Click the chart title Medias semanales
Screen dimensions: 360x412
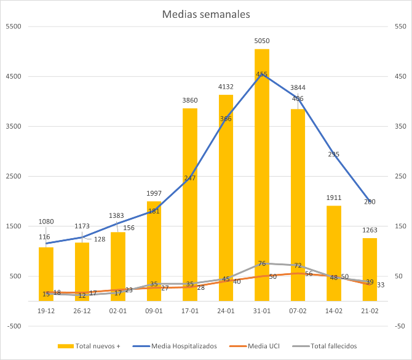[x=206, y=14]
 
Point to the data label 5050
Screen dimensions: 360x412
[x=262, y=41]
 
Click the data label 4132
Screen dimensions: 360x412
[x=226, y=87]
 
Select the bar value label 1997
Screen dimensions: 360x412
[x=154, y=194]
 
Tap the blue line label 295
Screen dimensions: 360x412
[x=334, y=154]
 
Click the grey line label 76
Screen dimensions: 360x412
[x=262, y=263]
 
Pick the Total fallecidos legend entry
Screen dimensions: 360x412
[x=329, y=346]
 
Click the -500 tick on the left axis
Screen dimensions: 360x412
[x=13, y=326]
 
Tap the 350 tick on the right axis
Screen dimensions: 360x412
[x=400, y=126]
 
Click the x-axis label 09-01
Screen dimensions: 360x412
[x=154, y=311]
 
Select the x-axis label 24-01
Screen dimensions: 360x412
[x=226, y=311]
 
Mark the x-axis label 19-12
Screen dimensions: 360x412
[x=46, y=311]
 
